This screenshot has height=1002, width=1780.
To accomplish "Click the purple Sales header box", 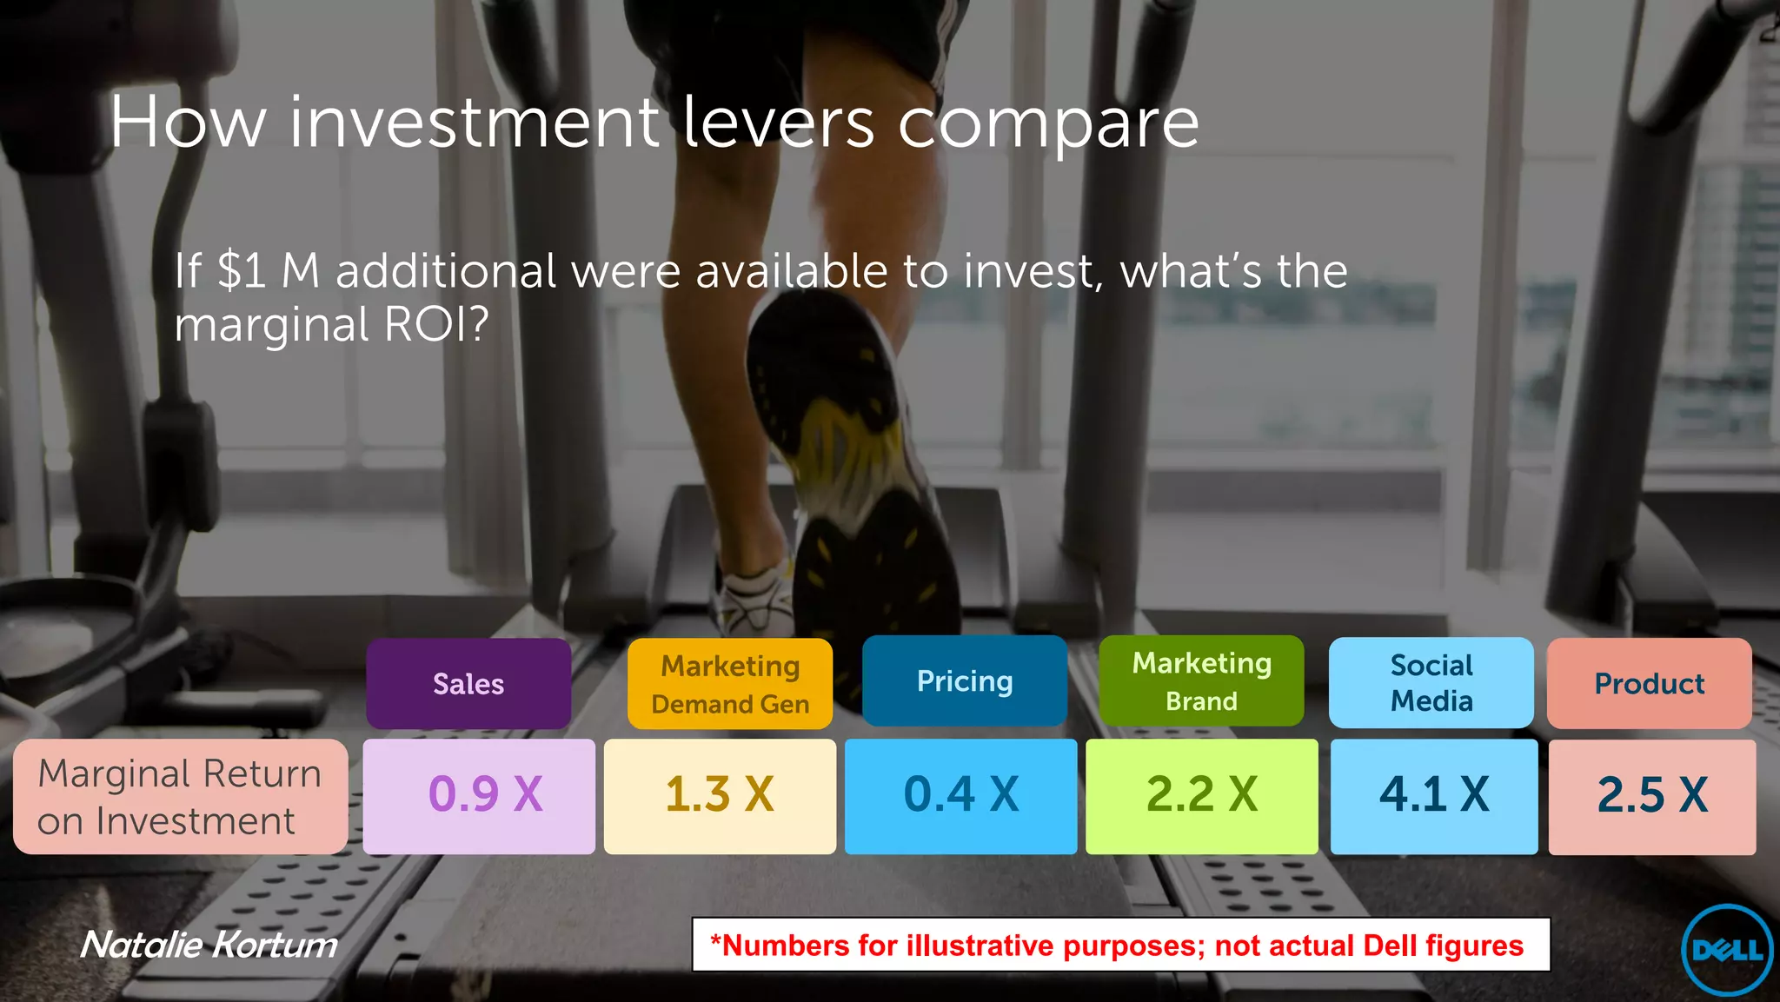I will tap(468, 684).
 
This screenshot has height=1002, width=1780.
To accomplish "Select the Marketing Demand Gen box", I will tap(730, 684).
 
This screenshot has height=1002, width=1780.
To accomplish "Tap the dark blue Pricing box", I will tap(965, 681).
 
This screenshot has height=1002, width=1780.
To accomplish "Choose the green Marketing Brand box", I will tap(1201, 681).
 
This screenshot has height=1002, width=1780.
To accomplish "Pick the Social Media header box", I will tap(1431, 683).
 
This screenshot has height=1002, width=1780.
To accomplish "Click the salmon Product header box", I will tap(1649, 684).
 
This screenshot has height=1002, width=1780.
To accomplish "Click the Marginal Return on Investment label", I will tap(180, 797).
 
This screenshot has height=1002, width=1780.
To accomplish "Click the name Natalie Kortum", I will tap(209, 945).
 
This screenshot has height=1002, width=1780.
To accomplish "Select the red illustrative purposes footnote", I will tap(1120, 945).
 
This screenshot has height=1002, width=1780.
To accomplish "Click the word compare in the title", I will tap(1047, 123).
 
